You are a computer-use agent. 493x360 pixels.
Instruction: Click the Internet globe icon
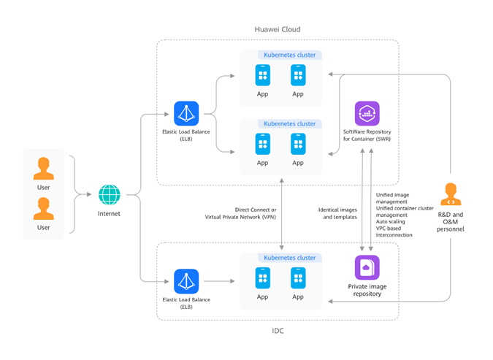(x=110, y=195)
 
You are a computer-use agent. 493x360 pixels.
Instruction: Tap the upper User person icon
(x=44, y=168)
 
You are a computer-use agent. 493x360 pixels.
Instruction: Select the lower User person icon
(x=44, y=209)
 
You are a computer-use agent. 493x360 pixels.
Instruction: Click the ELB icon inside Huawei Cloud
(x=186, y=113)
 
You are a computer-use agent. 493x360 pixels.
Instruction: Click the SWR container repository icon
(x=366, y=114)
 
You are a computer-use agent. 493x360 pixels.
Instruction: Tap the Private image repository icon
(x=366, y=267)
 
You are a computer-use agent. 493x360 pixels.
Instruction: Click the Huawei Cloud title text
(x=277, y=29)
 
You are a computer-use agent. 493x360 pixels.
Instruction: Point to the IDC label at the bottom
(x=277, y=331)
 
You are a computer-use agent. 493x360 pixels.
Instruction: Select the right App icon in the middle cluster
(x=298, y=144)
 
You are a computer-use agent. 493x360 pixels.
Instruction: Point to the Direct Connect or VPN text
(x=240, y=213)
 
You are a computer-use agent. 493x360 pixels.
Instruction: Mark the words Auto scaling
(x=392, y=225)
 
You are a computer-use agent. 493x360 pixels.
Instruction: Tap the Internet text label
(x=110, y=214)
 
